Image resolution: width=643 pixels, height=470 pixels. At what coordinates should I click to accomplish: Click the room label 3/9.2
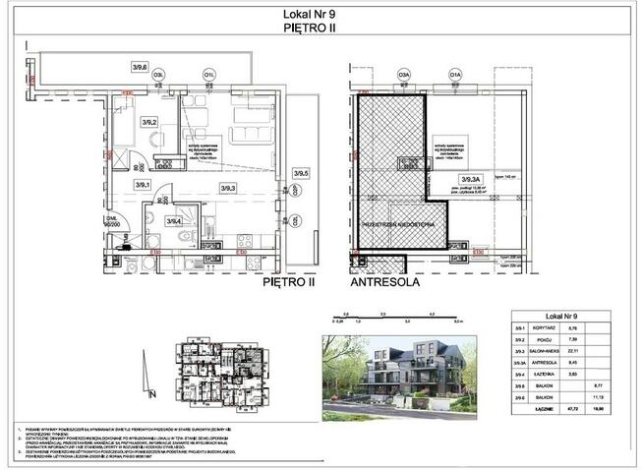point(148,122)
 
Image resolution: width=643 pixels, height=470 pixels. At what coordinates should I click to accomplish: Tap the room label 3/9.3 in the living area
point(228,188)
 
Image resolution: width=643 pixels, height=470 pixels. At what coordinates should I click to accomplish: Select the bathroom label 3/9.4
point(173,221)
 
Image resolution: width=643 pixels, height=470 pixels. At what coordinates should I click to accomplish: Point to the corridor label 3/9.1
point(142,184)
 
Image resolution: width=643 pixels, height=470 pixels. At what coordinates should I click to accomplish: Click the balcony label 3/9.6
point(142,67)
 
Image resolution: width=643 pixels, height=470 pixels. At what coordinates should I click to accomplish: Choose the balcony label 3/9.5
point(301,173)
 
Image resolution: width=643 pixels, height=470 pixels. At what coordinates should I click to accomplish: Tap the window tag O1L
point(209,73)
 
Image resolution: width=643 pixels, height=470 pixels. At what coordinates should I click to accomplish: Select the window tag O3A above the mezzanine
point(403,73)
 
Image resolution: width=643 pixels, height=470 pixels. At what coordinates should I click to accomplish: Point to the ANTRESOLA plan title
point(386,281)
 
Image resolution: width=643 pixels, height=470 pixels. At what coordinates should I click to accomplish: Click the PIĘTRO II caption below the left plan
point(288,281)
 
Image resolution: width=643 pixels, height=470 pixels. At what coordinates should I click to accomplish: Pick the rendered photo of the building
point(399,371)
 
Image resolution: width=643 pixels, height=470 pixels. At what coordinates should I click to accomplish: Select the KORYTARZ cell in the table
point(549,327)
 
